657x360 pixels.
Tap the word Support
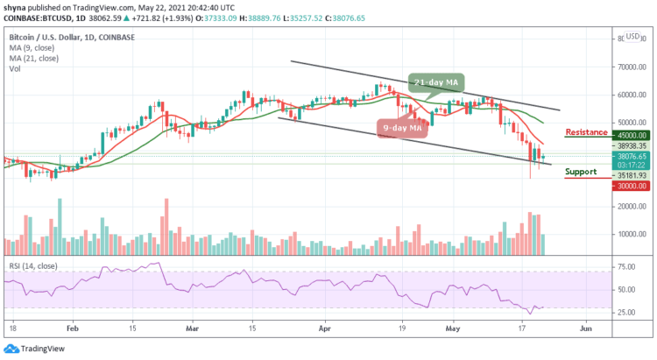point(581,172)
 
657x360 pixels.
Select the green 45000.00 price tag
point(632,136)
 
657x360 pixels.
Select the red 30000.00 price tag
point(632,186)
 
